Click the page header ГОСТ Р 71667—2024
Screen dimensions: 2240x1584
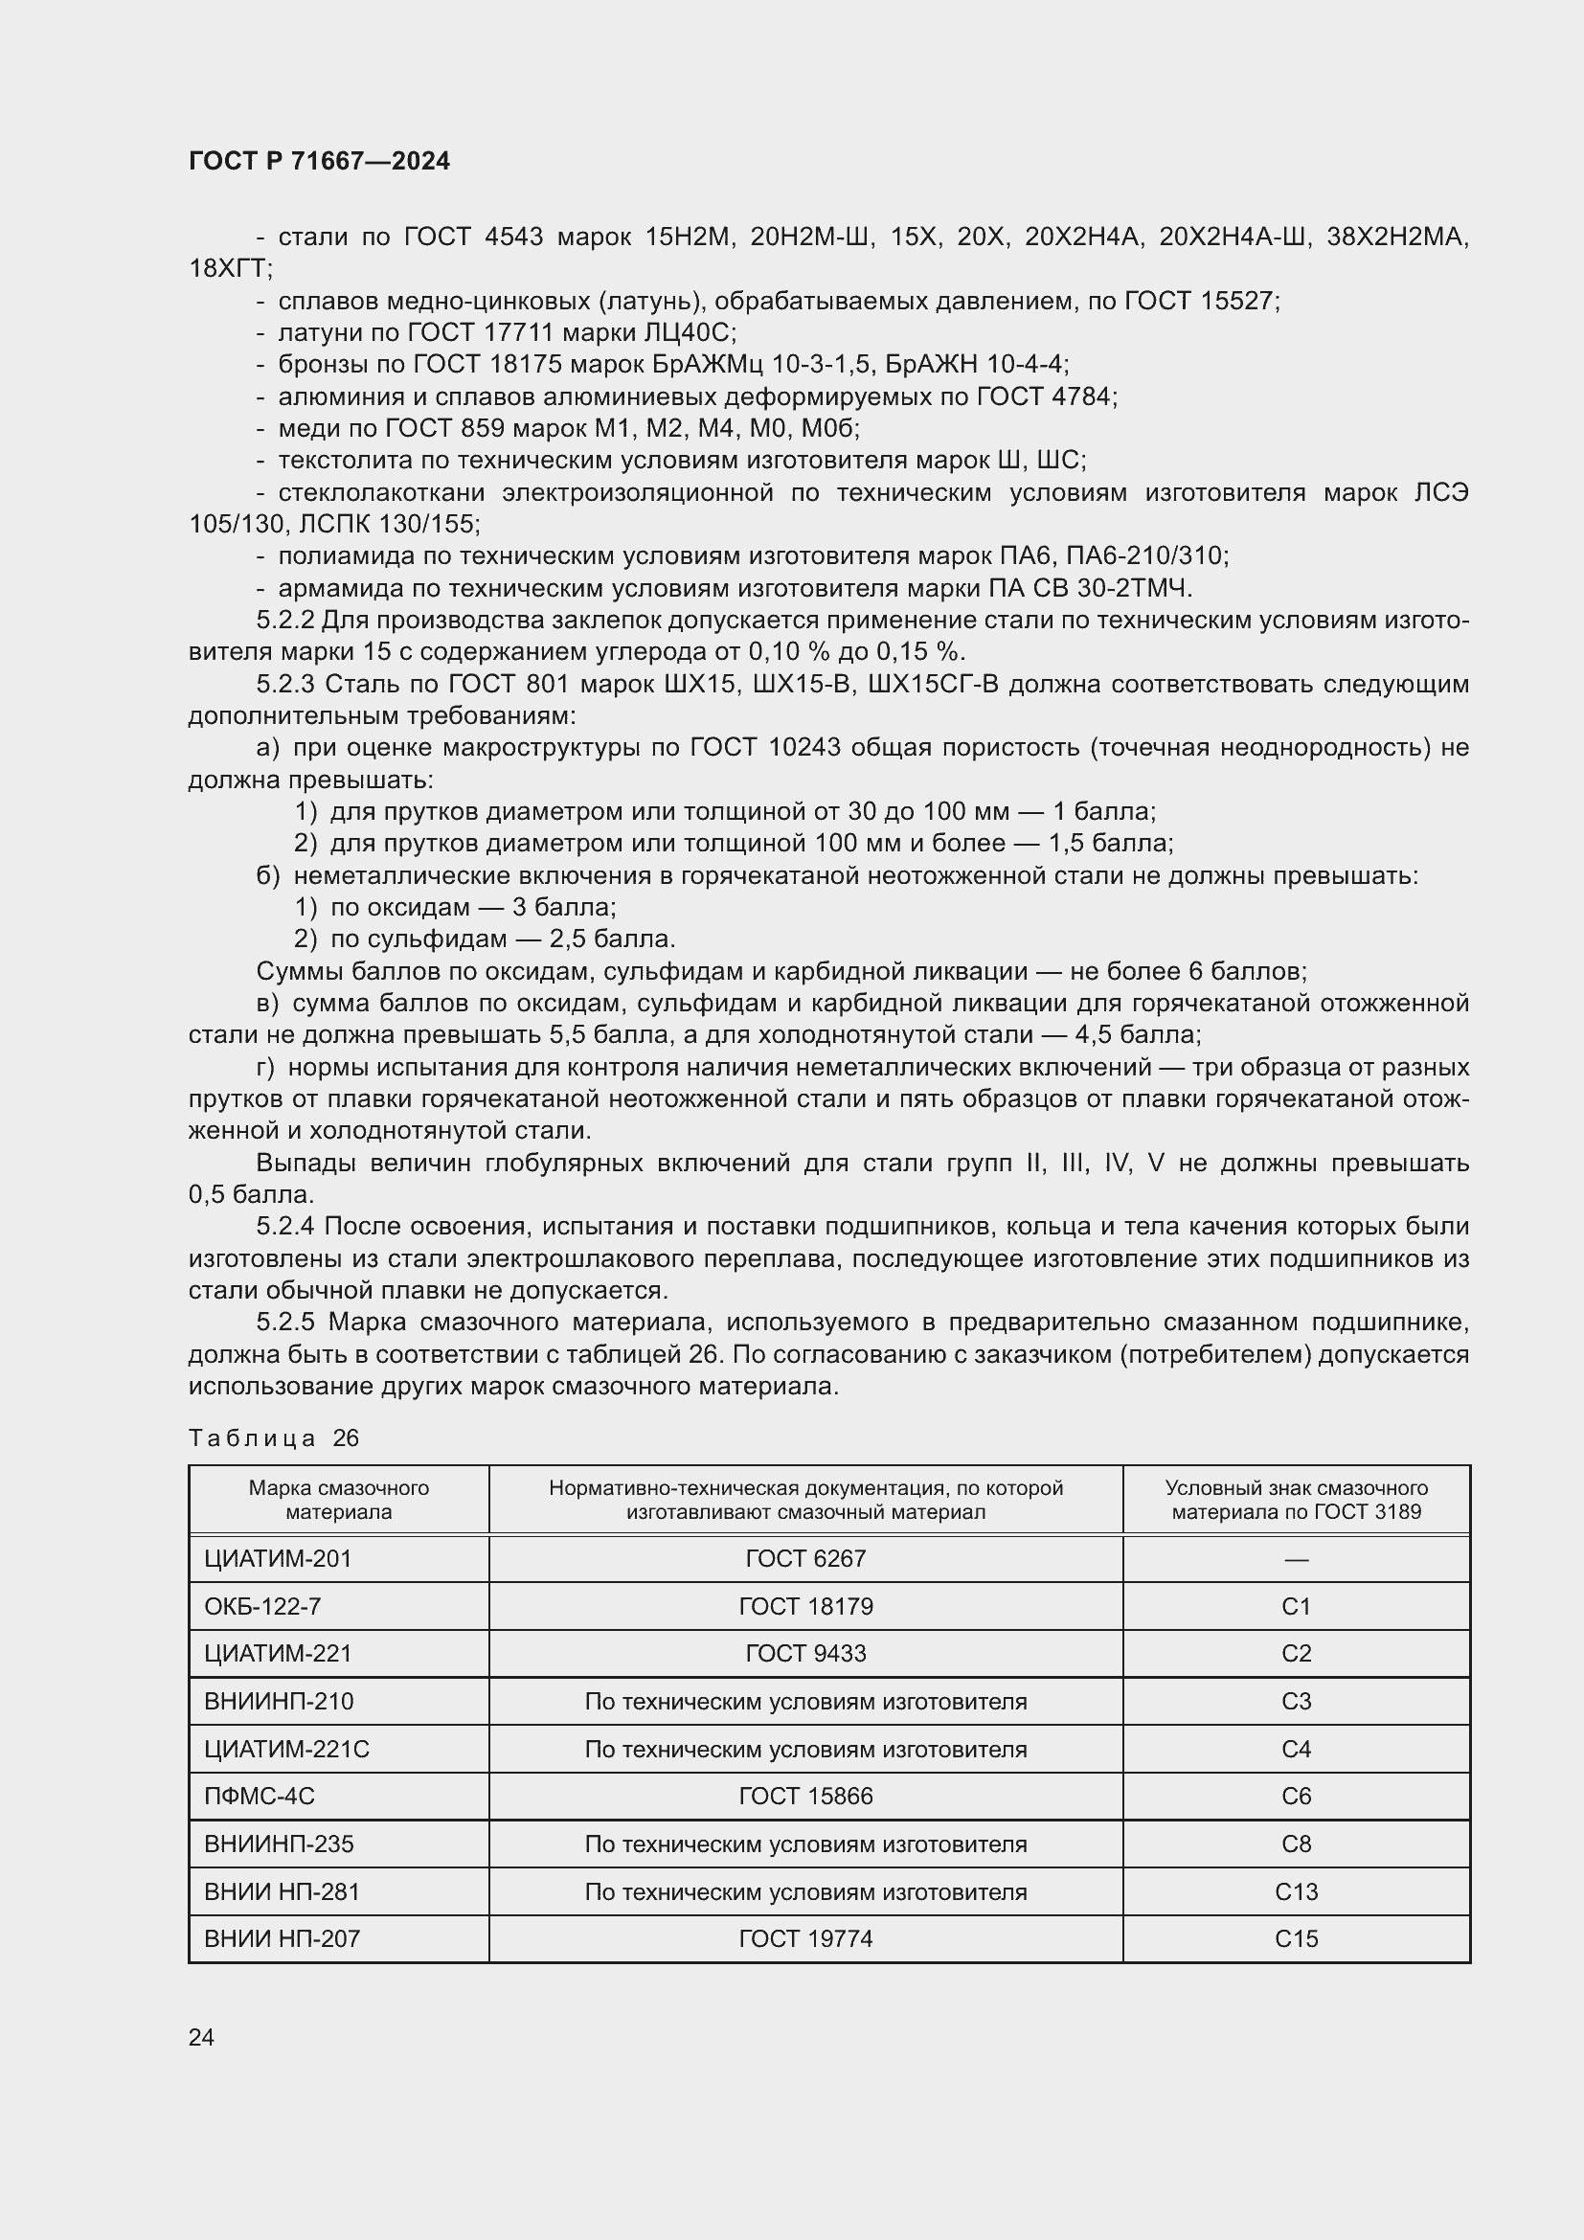point(319,161)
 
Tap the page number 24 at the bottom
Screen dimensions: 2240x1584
point(201,2037)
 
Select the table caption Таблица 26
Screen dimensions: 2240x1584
point(274,1438)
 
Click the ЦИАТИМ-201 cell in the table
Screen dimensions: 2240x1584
point(277,1559)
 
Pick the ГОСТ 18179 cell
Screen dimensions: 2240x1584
point(805,1607)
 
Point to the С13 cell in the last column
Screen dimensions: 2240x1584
point(1296,1892)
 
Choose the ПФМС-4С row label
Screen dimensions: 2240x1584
point(260,1797)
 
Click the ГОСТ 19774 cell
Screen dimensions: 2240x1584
point(805,1939)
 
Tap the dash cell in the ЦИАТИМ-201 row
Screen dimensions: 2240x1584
point(1296,1559)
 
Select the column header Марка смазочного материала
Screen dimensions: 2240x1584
point(338,1501)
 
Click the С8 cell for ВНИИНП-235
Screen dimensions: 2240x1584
point(1296,1844)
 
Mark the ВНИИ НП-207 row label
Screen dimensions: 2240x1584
point(282,1939)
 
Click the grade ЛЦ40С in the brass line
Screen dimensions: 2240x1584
point(690,332)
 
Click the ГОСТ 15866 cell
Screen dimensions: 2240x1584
point(805,1797)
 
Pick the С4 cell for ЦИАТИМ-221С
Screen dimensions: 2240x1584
point(1296,1750)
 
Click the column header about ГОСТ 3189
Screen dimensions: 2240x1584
point(1296,1501)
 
